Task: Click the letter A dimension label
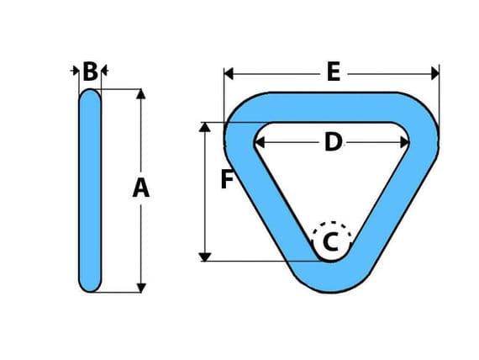[141, 188]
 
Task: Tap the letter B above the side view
[91, 71]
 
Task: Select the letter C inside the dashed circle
[330, 241]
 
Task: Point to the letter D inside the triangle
[334, 142]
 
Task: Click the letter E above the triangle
[334, 71]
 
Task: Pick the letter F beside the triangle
[227, 179]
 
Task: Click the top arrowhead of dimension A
[141, 94]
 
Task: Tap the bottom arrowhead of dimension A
[141, 288]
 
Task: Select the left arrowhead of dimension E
[229, 74]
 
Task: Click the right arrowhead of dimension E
[434, 74]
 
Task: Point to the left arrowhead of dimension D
[260, 142]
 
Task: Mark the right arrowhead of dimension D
[404, 142]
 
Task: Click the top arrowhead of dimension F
[205, 127]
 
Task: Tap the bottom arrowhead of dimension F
[205, 257]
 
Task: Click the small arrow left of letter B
[75, 71]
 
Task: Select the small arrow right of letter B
[104, 71]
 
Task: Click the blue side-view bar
[90, 191]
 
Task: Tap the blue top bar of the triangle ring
[332, 107]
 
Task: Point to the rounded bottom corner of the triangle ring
[331, 277]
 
